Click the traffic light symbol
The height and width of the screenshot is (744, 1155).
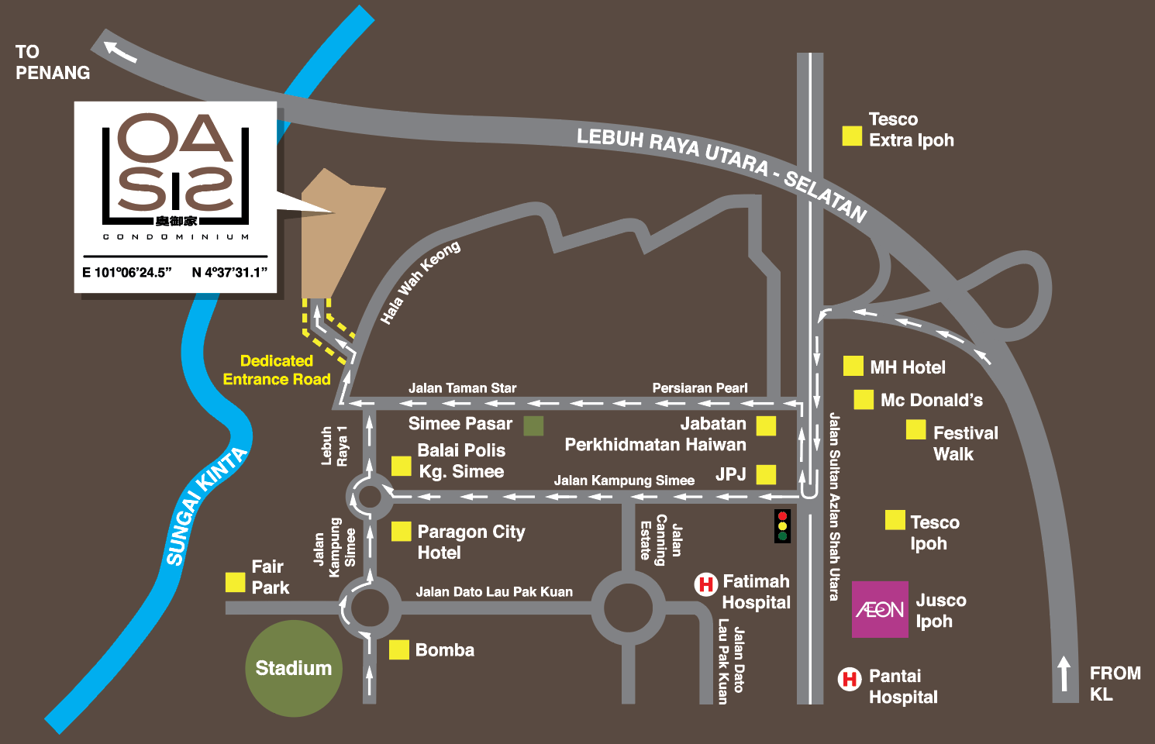(782, 526)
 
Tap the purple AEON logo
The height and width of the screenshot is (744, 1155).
(880, 610)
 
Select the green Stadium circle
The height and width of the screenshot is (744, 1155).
(294, 668)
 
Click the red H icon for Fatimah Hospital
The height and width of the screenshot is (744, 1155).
(705, 584)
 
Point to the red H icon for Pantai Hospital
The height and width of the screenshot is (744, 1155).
(850, 679)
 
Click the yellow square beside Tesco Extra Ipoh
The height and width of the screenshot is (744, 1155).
(852, 136)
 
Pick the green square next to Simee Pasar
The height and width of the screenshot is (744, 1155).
(533, 425)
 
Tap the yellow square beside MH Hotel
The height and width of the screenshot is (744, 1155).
(853, 366)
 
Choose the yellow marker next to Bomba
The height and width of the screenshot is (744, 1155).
(398, 649)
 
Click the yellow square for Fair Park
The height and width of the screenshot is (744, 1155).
(235, 582)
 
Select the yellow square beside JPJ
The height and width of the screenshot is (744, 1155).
(766, 474)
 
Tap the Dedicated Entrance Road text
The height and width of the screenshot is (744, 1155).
(277, 370)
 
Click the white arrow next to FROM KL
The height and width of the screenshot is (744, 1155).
(1064, 673)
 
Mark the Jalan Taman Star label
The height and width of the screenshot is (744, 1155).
(462, 387)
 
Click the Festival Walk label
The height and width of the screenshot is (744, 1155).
(965, 443)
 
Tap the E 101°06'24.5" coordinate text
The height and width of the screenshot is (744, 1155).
(127, 272)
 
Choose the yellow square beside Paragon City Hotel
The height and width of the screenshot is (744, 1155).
(401, 531)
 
